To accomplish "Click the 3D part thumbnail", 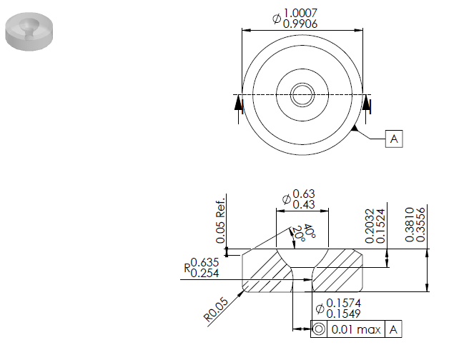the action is pyautogui.click(x=29, y=31).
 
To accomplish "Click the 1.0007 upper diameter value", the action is pyautogui.click(x=300, y=13).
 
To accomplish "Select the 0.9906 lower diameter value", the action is pyautogui.click(x=300, y=24).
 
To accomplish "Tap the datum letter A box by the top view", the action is pyautogui.click(x=394, y=139).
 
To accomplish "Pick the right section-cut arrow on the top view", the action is pyautogui.click(x=366, y=104).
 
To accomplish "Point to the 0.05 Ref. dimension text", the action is pyautogui.click(x=221, y=221).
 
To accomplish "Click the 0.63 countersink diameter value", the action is pyautogui.click(x=304, y=194).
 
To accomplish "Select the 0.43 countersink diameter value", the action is pyautogui.click(x=304, y=204).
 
